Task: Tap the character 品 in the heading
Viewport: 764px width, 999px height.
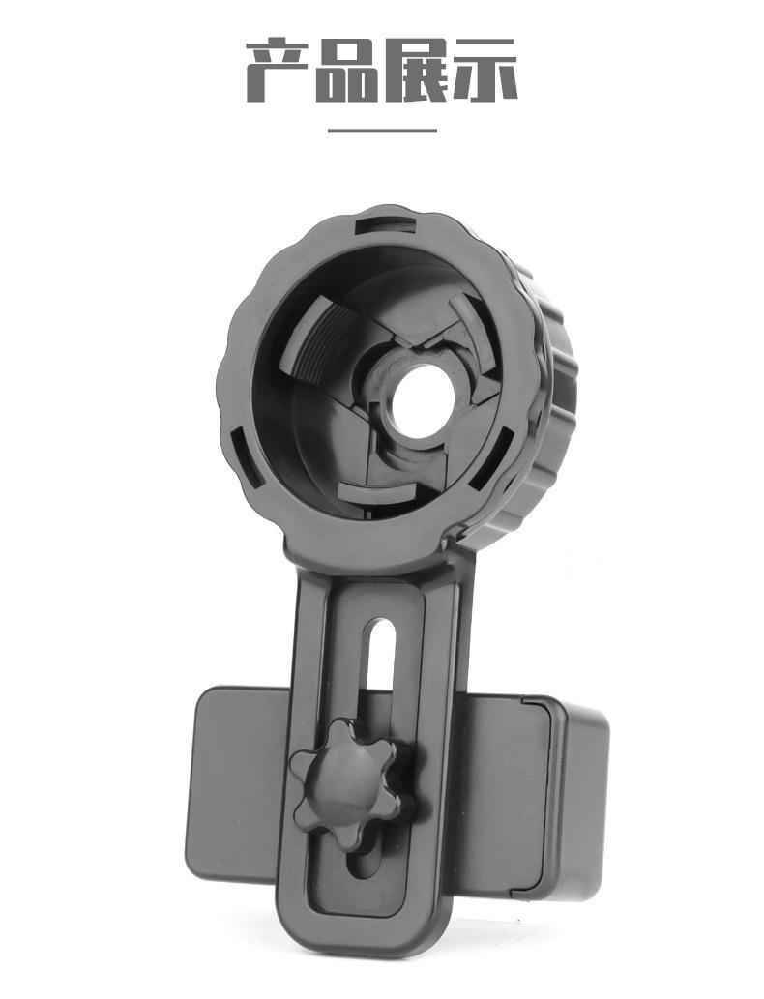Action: pyautogui.click(x=346, y=70)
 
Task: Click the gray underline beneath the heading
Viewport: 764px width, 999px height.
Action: pyautogui.click(x=382, y=131)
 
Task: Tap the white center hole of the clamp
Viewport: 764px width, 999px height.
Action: pyautogui.click(x=423, y=402)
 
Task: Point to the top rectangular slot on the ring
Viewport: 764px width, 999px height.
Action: pyautogui.click(x=387, y=225)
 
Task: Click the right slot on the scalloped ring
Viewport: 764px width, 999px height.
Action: pyautogui.click(x=491, y=458)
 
